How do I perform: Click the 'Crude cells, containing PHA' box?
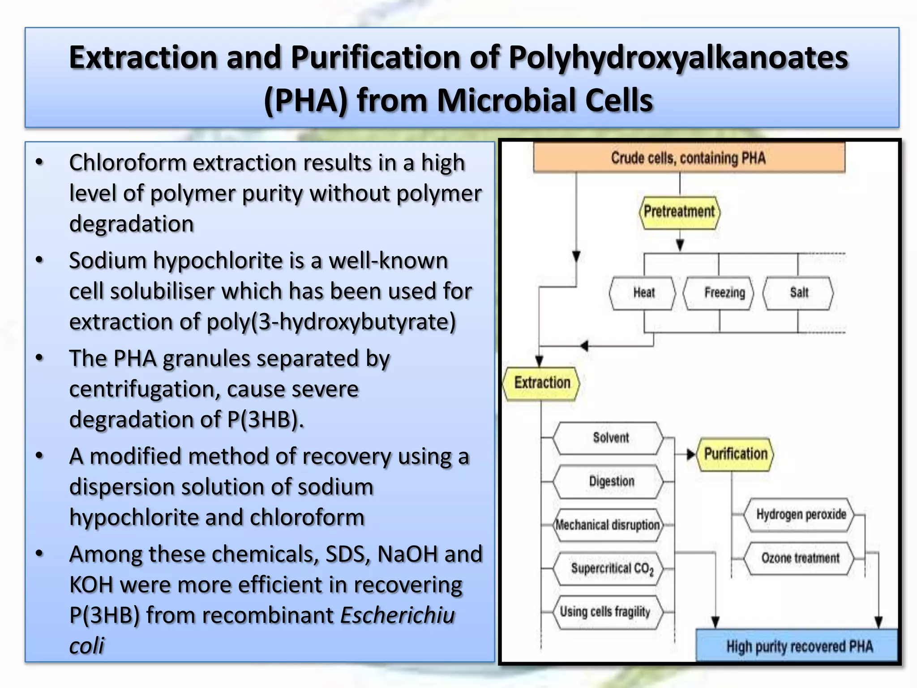tap(689, 158)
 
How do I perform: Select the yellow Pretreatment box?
tap(679, 211)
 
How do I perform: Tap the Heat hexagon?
tap(643, 293)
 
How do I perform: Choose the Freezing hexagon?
tap(719, 293)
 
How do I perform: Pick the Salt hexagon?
tap(798, 293)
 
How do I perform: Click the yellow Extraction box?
tap(541, 383)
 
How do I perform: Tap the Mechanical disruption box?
tap(608, 525)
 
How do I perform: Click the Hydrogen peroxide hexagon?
tap(800, 514)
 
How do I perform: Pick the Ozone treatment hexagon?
tap(800, 558)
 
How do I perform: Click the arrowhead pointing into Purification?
tap(691, 455)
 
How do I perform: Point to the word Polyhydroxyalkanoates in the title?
tap(678, 58)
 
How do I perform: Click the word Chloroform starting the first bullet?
tap(127, 163)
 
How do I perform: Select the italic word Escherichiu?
tap(397, 615)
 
